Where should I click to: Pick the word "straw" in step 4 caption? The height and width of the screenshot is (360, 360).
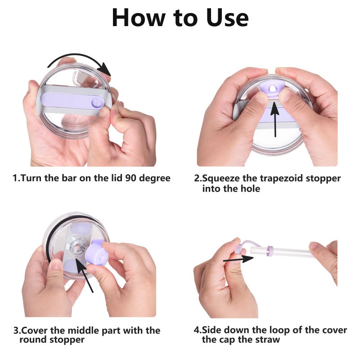pos(267,340)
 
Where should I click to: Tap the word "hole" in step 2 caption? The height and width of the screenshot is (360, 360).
pos(250,189)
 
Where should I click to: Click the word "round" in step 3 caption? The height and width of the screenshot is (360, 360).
pos(33,339)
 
